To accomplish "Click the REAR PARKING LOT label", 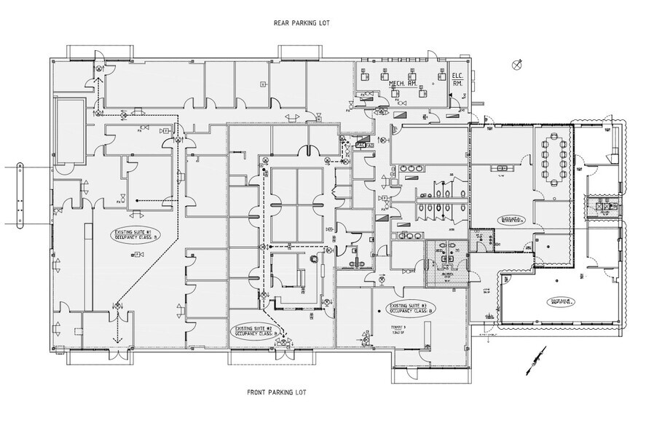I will [x=302, y=23].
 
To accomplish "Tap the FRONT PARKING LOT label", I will [x=277, y=392].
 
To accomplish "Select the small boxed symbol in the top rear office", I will [x=263, y=84].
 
